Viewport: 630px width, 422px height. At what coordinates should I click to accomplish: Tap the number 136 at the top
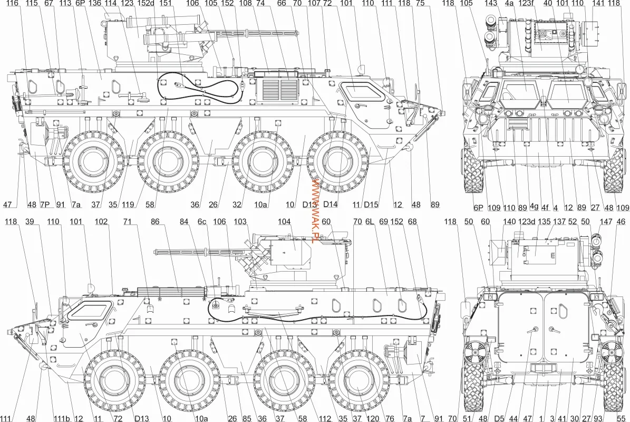95,4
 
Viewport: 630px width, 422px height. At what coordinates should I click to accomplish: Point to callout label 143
491,4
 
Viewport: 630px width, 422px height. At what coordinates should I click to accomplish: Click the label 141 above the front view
598,4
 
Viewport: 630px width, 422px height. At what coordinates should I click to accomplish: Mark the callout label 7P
45,205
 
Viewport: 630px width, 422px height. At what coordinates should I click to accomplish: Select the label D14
330,205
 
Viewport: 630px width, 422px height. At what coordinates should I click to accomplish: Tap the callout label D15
372,205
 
